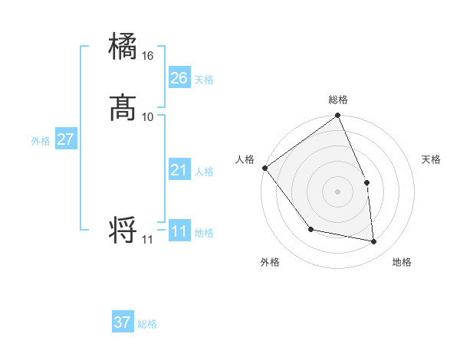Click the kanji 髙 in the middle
tap(123, 107)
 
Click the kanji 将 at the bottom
tap(123, 230)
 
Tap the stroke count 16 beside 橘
tap(148, 56)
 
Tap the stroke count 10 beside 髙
tap(148, 116)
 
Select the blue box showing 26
tap(179, 78)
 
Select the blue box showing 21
tap(179, 170)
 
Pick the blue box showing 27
tap(65, 139)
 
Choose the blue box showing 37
tap(123, 322)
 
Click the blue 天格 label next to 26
tap(204, 80)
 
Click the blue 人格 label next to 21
tap(204, 172)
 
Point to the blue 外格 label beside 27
tap(41, 141)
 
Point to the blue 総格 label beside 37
tap(147, 324)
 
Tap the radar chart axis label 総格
tap(338, 100)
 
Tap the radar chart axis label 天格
tap(432, 159)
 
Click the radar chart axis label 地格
tap(402, 262)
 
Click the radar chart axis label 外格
tap(270, 262)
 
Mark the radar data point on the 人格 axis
tap(264, 168)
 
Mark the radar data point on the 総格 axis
tap(338, 116)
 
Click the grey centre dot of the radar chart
tap(337, 191)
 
